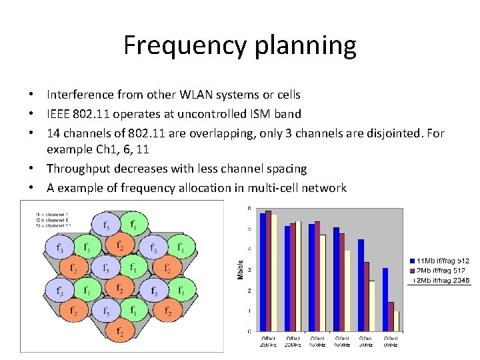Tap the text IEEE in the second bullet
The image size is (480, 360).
(x=59, y=114)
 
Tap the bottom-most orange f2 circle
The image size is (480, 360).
(x=120, y=331)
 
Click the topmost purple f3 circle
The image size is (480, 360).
(x=105, y=225)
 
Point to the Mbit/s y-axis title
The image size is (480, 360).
(x=241, y=269)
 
